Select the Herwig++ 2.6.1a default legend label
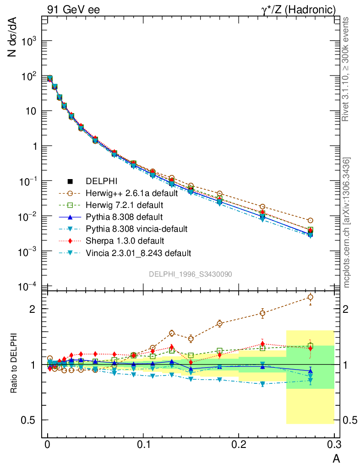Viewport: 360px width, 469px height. coord(131,193)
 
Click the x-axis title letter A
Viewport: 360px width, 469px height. coord(336,458)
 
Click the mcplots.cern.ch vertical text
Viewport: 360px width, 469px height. coord(347,223)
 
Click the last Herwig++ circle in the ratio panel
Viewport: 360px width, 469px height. coord(311,298)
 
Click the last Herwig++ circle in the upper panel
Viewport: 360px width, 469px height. coord(311,220)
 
